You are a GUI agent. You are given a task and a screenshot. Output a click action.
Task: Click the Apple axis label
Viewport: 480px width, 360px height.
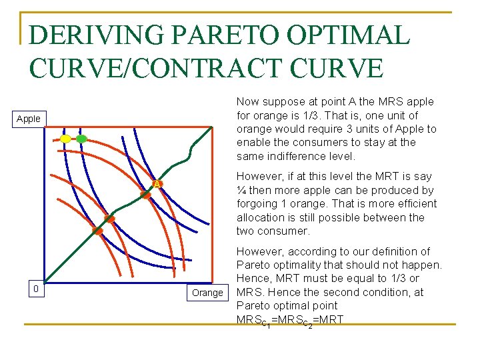(29, 119)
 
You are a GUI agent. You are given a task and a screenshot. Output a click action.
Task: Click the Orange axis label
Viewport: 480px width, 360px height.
(207, 293)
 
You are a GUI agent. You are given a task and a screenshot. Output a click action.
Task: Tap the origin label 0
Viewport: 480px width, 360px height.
(35, 289)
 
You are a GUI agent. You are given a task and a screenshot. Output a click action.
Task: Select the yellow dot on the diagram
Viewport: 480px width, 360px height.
(66, 139)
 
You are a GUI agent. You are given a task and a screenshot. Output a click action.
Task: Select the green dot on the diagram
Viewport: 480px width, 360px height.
(81, 139)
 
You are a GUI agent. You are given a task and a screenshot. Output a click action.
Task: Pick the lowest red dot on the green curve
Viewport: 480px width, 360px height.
(97, 231)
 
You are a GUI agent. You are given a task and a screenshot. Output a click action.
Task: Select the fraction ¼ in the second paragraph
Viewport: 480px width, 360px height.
(241, 190)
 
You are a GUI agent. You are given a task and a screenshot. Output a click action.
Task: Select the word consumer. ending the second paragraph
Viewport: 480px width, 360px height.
(284, 231)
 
